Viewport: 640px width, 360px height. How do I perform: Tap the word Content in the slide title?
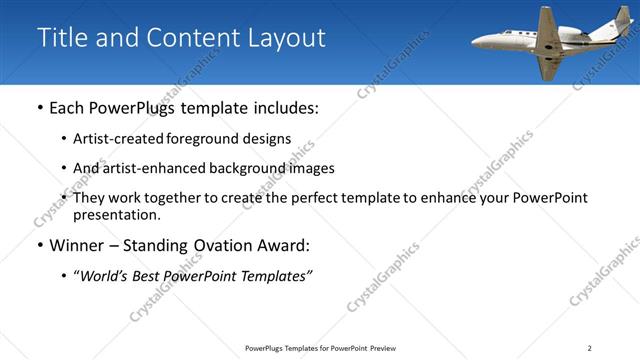[x=190, y=38]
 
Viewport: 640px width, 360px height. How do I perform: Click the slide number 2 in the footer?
[x=589, y=348]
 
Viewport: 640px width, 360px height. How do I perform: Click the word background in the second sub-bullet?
[x=242, y=168]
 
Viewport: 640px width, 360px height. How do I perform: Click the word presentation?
[x=116, y=214]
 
